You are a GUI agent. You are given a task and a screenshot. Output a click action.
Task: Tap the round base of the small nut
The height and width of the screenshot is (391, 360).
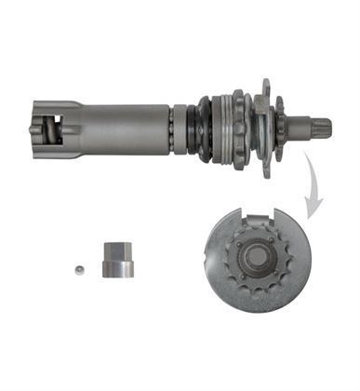(x=117, y=271)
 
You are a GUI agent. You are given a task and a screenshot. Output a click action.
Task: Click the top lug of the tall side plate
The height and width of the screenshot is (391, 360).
(x=265, y=86)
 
